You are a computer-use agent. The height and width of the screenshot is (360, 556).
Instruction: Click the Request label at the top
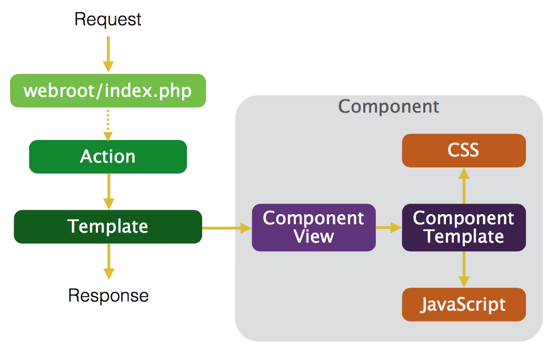click(108, 19)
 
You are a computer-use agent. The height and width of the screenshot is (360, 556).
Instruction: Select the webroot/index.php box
click(108, 91)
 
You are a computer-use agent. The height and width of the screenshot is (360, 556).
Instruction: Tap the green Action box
click(108, 156)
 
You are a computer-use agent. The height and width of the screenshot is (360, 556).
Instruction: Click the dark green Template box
click(108, 226)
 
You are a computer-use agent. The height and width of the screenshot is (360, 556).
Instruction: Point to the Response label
click(108, 295)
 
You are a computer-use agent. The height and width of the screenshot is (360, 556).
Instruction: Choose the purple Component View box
click(313, 227)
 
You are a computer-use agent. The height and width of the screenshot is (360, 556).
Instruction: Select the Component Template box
click(463, 227)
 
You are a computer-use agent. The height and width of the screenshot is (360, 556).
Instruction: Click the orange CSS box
click(463, 150)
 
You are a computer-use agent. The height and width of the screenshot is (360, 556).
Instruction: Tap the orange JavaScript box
click(463, 304)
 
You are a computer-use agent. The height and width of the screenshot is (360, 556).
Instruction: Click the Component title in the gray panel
click(389, 106)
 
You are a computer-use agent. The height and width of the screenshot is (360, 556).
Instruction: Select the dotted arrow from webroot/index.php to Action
click(108, 124)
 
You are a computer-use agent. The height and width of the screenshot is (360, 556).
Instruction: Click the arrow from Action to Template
click(108, 191)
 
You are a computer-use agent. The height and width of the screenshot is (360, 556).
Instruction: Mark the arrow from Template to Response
click(108, 261)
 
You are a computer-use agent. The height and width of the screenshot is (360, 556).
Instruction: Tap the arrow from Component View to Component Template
click(389, 227)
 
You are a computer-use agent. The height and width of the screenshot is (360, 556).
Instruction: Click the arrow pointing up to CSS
click(463, 185)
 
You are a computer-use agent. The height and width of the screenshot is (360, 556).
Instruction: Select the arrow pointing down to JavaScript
click(463, 269)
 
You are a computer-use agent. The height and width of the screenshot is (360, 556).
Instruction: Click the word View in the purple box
click(314, 236)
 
